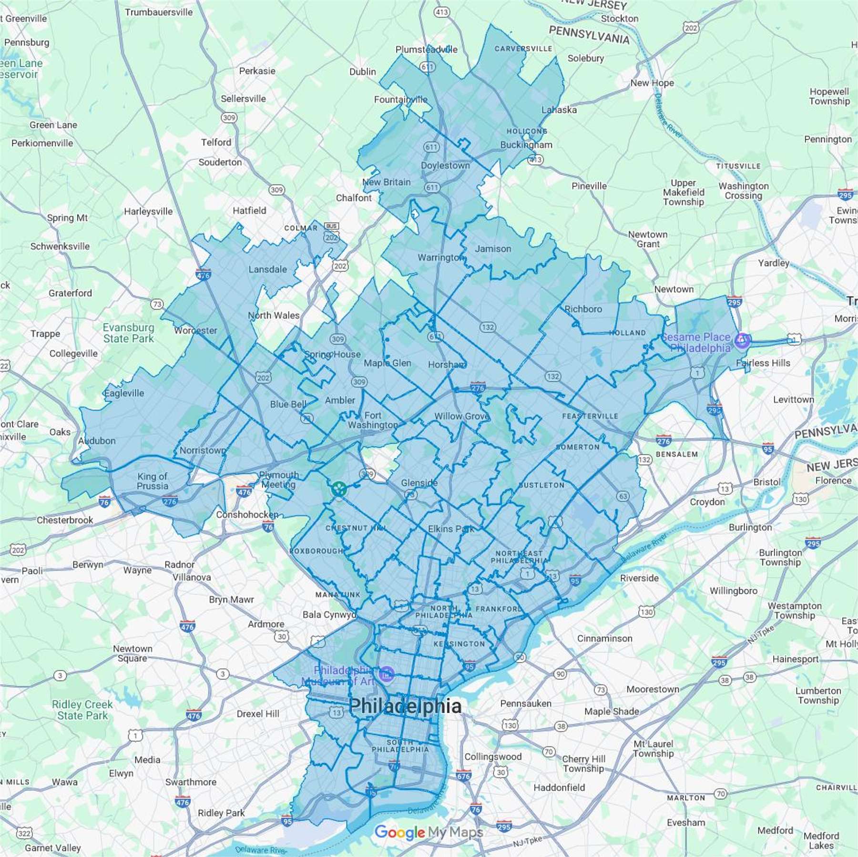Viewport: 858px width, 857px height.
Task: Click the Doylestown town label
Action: pos(445,165)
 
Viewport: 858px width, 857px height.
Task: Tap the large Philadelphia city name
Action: pos(405,706)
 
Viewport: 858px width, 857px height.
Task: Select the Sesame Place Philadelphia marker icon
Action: pos(742,340)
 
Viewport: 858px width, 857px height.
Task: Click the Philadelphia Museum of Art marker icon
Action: pos(387,674)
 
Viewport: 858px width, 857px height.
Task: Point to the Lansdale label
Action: pos(267,269)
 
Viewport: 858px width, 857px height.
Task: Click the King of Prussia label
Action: pos(153,481)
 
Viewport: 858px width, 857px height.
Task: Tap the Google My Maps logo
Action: pos(429,832)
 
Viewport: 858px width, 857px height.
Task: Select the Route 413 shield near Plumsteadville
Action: pos(442,12)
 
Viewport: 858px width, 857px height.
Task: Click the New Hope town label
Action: pos(652,83)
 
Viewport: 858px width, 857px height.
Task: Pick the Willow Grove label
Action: pos(461,416)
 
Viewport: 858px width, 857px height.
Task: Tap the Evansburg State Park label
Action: pos(129,333)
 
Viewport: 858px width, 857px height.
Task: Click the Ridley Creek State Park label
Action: pos(82,710)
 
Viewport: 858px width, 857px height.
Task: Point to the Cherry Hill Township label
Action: pos(583,764)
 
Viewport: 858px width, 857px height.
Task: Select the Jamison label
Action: pos(493,249)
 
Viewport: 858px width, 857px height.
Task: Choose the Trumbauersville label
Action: pos(159,12)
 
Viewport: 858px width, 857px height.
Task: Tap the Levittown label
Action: pos(793,399)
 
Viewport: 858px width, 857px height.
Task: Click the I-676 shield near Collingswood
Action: pos(463,775)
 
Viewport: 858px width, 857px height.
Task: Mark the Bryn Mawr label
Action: pos(231,600)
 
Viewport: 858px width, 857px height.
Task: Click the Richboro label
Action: pos(583,309)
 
